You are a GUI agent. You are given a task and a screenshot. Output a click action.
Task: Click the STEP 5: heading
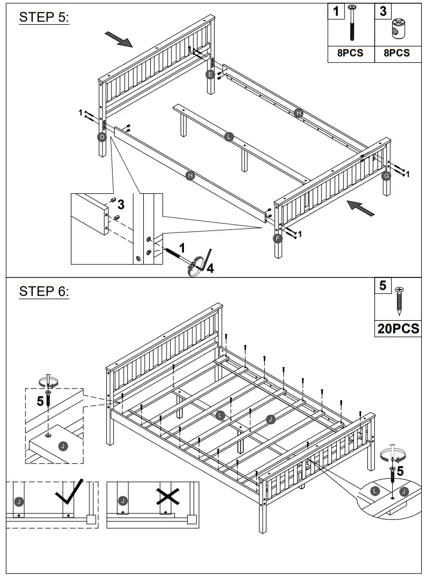click(44, 17)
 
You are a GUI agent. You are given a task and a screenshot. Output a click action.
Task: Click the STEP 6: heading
click(44, 291)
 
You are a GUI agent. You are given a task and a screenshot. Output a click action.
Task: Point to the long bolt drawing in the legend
click(352, 24)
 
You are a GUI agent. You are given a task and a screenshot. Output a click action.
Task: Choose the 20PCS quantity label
click(398, 329)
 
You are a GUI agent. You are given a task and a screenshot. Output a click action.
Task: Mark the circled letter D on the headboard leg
click(102, 137)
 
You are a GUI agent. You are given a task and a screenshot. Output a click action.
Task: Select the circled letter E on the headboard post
click(210, 75)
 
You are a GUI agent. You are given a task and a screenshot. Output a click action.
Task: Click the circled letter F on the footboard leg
click(278, 238)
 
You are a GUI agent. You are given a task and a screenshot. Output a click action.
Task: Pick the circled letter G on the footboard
click(386, 175)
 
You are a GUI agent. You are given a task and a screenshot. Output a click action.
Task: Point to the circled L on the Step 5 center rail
click(228, 136)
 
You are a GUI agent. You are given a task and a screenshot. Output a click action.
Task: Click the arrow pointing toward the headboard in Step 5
click(118, 38)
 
